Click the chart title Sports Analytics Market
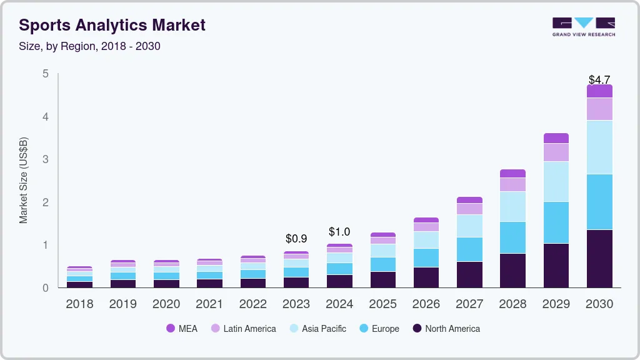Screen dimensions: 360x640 [112, 26]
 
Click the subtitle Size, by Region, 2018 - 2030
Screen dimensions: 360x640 [89, 46]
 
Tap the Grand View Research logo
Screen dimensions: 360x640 [584, 26]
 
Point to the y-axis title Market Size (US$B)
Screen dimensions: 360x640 [24, 180]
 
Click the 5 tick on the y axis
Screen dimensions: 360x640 [45, 74]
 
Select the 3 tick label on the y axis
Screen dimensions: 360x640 [45, 159]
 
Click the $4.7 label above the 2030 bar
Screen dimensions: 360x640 [600, 80]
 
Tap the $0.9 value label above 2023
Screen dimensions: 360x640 [296, 239]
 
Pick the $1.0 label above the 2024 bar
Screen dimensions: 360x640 [339, 232]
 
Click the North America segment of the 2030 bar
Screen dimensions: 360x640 [600, 259]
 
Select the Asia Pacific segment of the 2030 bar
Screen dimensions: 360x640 [600, 147]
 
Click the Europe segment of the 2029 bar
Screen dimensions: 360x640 [556, 222]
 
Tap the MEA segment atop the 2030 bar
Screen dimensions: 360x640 [600, 91]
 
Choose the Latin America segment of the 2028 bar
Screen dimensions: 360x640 [513, 184]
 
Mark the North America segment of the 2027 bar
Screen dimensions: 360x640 [469, 274]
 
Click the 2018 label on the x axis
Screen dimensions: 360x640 [79, 304]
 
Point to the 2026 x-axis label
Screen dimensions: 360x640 [426, 304]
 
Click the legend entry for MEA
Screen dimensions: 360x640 [182, 328]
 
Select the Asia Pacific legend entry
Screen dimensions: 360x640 [317, 328]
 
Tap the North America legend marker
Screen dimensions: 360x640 [417, 328]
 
